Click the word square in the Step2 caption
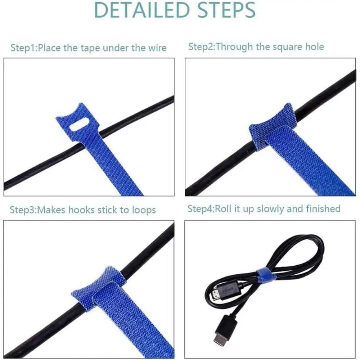coord(282,46)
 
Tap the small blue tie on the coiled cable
coord(265,274)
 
